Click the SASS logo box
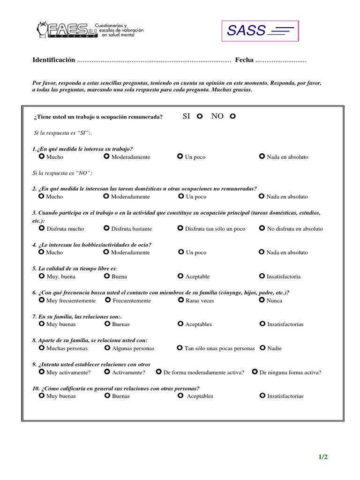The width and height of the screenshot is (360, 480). [x=260, y=31]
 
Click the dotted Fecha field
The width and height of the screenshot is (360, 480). [x=281, y=60]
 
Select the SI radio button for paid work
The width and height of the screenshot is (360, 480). [x=200, y=116]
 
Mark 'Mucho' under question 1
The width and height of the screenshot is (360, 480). [x=42, y=157]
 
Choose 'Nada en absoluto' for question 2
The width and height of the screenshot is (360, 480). [x=262, y=196]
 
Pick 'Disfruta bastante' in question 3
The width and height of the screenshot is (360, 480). [x=106, y=228]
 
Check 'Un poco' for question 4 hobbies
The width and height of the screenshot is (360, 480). [x=181, y=252]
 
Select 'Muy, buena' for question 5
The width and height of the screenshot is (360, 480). [x=42, y=276]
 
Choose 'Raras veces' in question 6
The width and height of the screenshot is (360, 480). [x=181, y=300]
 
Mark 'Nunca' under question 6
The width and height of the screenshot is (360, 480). [x=262, y=300]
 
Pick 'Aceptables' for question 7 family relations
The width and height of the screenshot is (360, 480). [x=181, y=324]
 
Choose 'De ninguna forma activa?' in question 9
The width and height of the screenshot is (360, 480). [x=255, y=372]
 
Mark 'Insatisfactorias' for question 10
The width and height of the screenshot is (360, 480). [x=262, y=396]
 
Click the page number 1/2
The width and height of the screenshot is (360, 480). [x=323, y=457]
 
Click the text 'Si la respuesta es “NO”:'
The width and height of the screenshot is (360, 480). [x=62, y=173]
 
